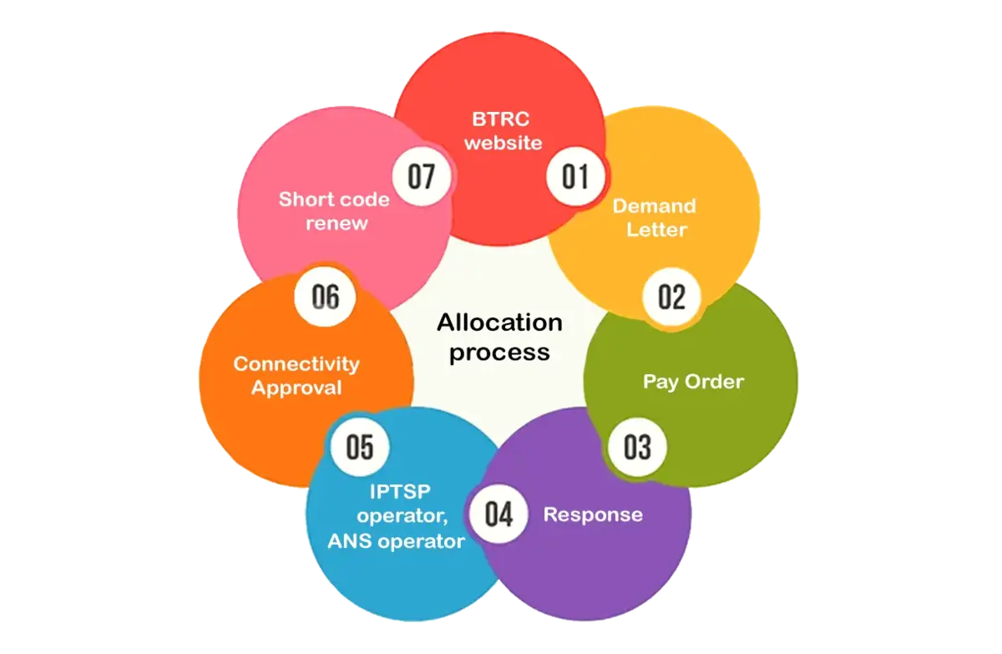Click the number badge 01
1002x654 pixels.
(x=575, y=177)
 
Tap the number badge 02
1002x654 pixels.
(x=672, y=297)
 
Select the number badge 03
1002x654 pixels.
(x=637, y=447)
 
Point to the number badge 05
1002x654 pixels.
(x=360, y=447)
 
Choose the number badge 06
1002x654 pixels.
(x=326, y=297)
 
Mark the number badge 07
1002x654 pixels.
(x=423, y=177)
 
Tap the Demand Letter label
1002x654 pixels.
(x=655, y=217)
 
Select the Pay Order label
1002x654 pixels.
(x=693, y=382)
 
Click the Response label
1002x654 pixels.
(x=593, y=515)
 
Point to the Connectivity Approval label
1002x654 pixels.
(x=296, y=376)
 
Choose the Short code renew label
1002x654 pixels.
(x=334, y=211)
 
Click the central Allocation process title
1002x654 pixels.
(x=499, y=337)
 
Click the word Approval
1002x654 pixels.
(x=296, y=388)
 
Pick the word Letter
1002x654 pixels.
(x=655, y=230)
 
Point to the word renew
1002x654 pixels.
(x=337, y=224)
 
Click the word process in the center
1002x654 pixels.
(x=499, y=352)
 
